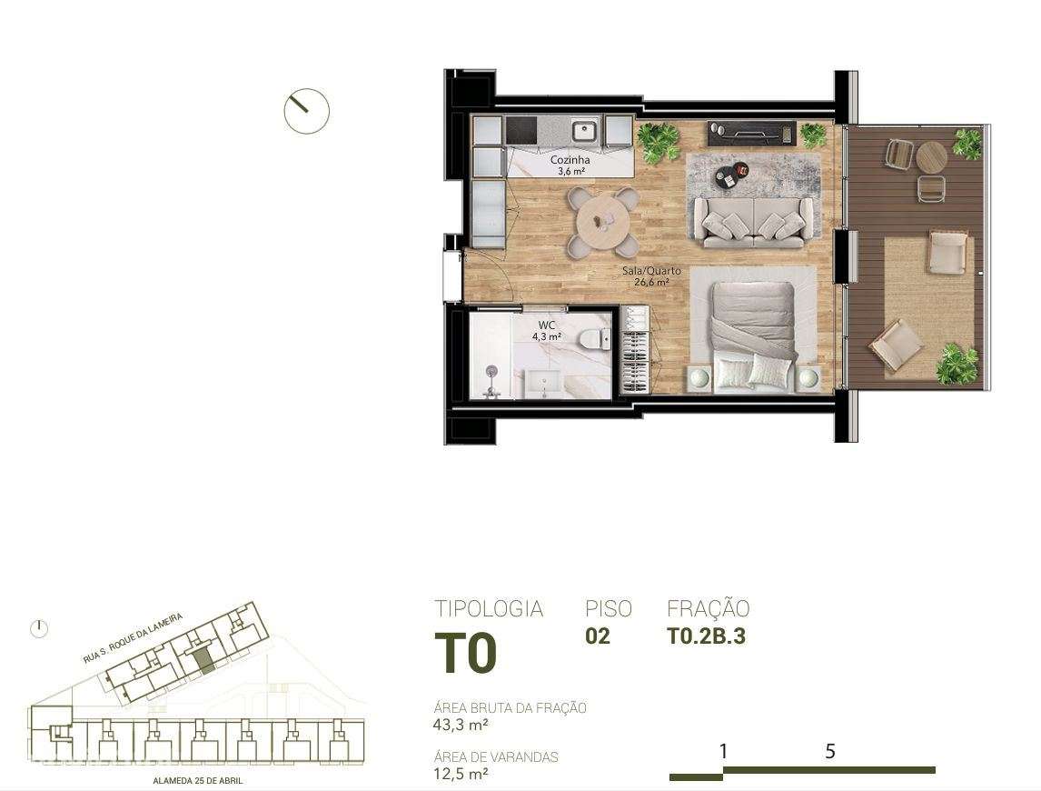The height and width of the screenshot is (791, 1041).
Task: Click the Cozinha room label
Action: pos(570,161)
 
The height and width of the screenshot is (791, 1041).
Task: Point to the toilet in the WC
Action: pos(594,338)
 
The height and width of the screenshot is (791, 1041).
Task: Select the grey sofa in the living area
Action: pos(752,221)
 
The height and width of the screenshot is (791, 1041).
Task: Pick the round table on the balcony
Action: pos(931,156)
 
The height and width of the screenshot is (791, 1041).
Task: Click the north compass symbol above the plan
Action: pos(306,111)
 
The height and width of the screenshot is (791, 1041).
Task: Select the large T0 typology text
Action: pos(465,653)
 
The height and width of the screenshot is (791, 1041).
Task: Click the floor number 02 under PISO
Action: pos(598,636)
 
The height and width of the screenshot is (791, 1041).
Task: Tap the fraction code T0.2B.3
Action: pos(706,636)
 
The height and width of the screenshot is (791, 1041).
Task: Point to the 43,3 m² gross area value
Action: pos(461,725)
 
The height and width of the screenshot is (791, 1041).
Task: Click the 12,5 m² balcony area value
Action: pos(461,774)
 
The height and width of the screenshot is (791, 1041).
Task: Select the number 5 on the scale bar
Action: pos(829,751)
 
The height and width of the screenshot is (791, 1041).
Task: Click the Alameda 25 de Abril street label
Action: pos(197,780)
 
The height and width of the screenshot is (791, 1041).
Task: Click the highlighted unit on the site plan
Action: pos(205,661)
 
